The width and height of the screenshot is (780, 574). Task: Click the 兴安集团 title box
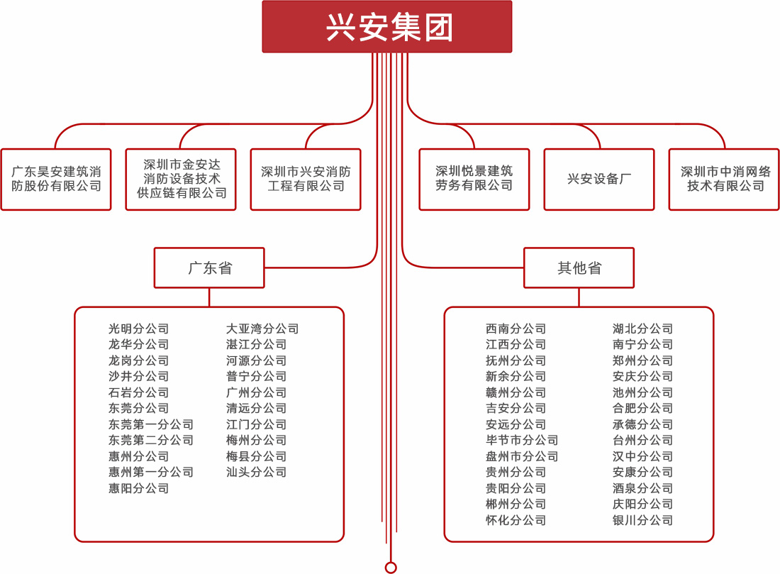point(387,27)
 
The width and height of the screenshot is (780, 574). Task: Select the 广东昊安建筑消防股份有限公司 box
point(56,180)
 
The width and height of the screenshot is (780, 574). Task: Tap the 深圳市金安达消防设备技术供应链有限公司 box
point(181,180)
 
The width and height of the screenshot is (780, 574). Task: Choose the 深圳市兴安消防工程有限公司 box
point(306,180)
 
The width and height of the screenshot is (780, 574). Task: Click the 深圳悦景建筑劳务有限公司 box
point(474,180)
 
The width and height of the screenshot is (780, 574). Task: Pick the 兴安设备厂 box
point(599,180)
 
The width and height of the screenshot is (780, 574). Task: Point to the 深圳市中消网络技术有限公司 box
point(724,180)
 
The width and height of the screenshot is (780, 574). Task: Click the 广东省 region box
point(209,268)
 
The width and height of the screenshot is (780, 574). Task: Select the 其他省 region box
point(579,268)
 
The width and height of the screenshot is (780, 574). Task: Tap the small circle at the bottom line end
point(390,566)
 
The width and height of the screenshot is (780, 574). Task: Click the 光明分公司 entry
point(139,329)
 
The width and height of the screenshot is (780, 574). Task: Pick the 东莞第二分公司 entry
point(151,441)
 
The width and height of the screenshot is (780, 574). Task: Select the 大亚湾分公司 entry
point(262,329)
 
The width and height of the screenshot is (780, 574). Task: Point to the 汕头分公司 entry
point(257,473)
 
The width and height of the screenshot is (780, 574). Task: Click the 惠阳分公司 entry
point(139,488)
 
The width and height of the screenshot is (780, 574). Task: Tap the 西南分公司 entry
point(516,329)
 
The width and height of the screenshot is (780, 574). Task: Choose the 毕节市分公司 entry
point(522,441)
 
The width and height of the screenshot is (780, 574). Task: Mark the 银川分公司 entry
point(643,520)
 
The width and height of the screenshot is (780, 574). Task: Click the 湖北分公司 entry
point(643,329)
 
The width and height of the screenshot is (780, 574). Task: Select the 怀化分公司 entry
point(516,520)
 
